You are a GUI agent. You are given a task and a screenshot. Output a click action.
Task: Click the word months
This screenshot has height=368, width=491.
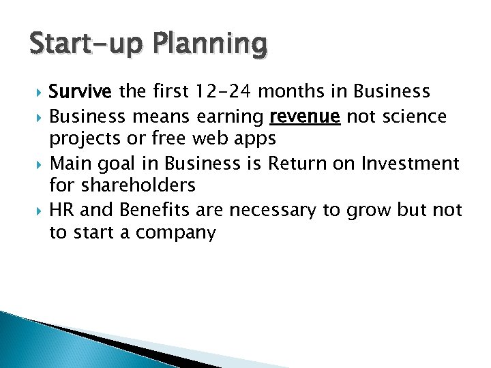(x=280, y=91)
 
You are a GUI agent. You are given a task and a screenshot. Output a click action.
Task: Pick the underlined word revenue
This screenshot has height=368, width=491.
(x=305, y=117)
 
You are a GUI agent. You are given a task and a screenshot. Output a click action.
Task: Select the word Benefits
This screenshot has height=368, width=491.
(x=147, y=211)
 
